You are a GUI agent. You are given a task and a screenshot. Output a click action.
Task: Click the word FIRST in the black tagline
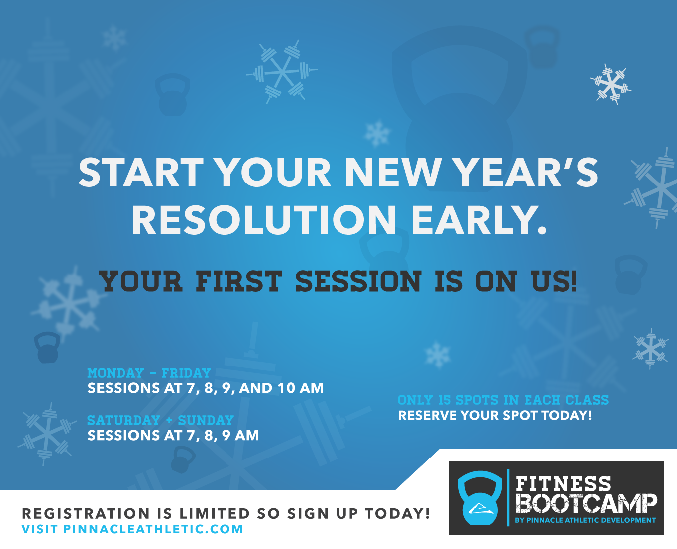[x=239, y=281]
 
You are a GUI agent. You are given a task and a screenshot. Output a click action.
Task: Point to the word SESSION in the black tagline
[x=358, y=281]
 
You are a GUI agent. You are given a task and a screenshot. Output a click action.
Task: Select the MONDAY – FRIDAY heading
[x=149, y=373]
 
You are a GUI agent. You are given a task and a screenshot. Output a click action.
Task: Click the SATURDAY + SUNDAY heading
[x=160, y=420]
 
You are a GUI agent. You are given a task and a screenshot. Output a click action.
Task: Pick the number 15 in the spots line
[x=445, y=400]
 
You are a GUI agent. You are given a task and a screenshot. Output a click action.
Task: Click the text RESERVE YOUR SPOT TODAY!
[x=495, y=415]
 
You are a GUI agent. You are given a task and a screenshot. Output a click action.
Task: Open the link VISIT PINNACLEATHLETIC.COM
[x=132, y=529]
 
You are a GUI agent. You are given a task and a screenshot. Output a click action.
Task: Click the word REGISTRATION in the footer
[x=86, y=513]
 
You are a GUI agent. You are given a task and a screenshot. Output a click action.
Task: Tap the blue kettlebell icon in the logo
[x=480, y=498]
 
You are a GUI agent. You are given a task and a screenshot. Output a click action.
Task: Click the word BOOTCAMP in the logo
[x=586, y=503]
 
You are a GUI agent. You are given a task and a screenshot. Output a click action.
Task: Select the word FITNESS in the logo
[x=563, y=484]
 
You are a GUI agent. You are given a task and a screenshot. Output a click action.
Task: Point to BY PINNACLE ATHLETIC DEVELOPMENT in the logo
[x=585, y=520]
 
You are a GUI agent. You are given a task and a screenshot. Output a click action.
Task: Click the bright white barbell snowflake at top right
[x=611, y=85]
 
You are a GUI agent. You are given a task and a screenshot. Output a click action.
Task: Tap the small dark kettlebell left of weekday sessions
[x=47, y=347]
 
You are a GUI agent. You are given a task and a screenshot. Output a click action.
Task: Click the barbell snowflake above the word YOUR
[x=282, y=72]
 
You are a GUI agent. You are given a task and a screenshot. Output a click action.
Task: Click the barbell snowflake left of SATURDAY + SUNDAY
[x=47, y=434]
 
